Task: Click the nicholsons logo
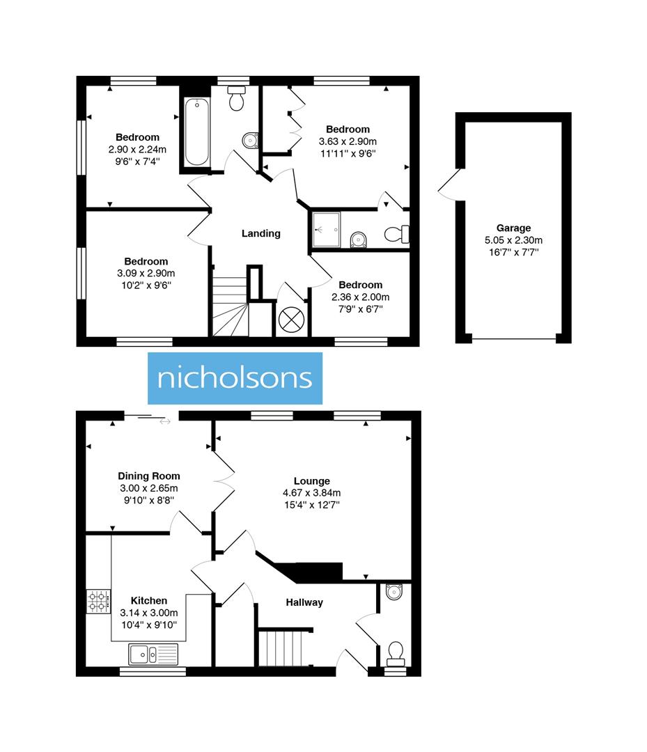235,378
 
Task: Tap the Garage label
513,228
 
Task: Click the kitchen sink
153,654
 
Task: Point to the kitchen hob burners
98,601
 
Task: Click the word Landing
260,233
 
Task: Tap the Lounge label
311,480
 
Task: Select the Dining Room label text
148,476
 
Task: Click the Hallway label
304,602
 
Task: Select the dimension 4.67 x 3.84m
311,492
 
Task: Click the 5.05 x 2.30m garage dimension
513,240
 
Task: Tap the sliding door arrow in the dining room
164,421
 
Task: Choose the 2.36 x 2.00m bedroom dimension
360,297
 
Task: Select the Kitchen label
149,600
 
